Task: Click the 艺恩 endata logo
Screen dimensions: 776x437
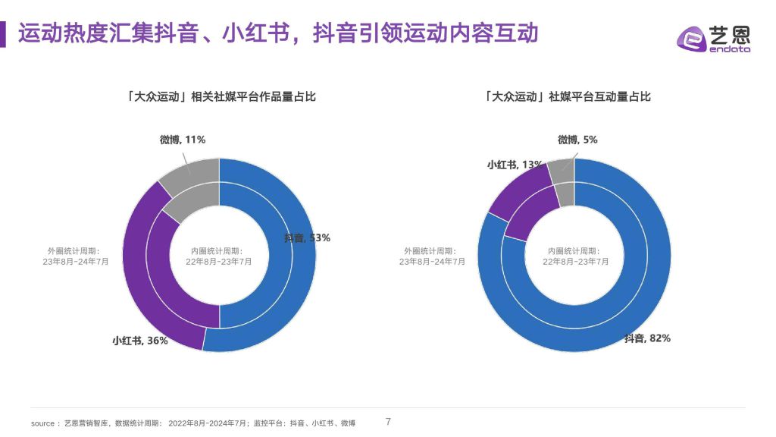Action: point(713,39)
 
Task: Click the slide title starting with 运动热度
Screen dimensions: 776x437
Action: point(278,33)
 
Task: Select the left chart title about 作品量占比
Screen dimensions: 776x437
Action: point(221,96)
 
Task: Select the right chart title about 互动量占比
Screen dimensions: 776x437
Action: point(567,96)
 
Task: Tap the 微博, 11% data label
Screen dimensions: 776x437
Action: point(182,140)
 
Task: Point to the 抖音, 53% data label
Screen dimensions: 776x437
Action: point(307,237)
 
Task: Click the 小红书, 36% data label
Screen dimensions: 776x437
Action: point(140,341)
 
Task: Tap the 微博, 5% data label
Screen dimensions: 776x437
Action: point(577,140)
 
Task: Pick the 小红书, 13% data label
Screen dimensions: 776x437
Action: point(515,165)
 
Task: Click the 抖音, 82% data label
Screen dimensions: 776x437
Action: point(647,338)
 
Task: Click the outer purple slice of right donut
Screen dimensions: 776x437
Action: point(516,190)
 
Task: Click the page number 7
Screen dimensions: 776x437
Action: point(389,422)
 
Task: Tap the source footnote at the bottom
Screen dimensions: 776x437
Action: point(193,423)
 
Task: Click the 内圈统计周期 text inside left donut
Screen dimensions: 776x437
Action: point(218,256)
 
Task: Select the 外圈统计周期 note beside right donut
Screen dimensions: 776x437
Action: point(432,256)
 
